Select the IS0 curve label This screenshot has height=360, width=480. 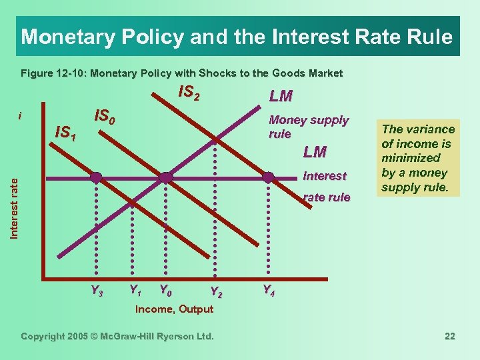point(106,117)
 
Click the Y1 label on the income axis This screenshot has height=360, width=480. point(135,290)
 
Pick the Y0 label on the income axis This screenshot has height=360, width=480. point(165,290)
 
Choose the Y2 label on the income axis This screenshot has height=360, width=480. point(215,291)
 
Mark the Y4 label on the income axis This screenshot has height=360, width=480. point(268,290)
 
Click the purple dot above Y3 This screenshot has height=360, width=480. point(97,177)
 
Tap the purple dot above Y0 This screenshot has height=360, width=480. point(166,177)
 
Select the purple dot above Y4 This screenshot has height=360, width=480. point(268,177)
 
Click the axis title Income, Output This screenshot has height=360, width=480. point(174,309)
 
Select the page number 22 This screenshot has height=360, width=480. point(450,336)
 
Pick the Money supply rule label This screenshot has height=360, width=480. point(308,127)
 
